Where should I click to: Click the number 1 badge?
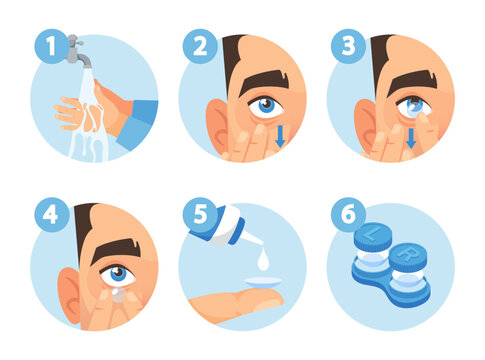(49, 45)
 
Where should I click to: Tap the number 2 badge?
(198, 45)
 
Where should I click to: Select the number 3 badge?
(346, 45)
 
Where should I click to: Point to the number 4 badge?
(49, 215)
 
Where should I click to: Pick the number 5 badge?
(198, 215)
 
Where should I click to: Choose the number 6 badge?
(346, 215)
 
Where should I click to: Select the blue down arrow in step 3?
(410, 137)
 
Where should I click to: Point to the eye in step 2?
(265, 104)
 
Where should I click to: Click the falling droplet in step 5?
(261, 260)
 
